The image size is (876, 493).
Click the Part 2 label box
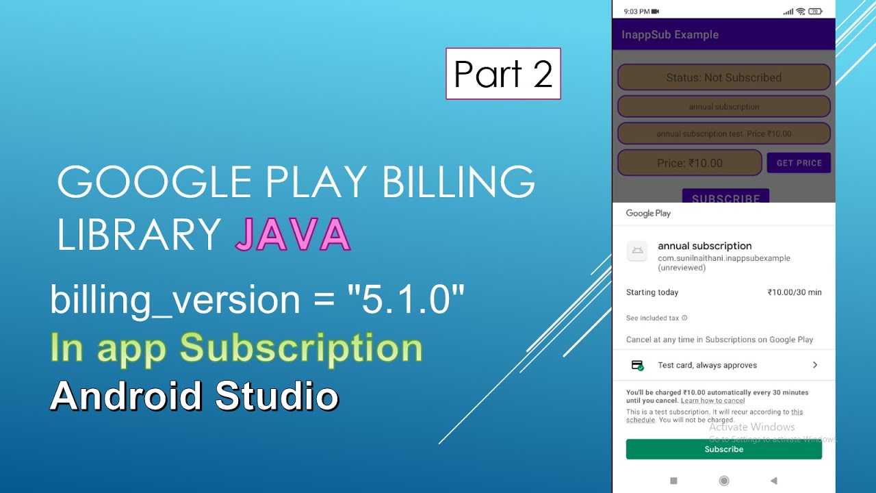tap(503, 74)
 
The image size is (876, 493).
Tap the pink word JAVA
tap(292, 234)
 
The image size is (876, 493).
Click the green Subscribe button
tap(723, 449)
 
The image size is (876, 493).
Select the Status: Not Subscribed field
tap(723, 77)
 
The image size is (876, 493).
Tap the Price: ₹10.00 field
tap(689, 163)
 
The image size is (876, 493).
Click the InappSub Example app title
tap(669, 34)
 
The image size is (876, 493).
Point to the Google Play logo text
tap(648, 213)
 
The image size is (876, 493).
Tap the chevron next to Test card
tap(815, 365)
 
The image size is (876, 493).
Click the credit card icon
tap(637, 365)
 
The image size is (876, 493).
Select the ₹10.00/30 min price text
tap(795, 292)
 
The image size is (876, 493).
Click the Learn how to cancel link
tap(712, 401)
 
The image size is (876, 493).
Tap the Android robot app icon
tap(637, 251)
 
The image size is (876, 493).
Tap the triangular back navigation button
tap(774, 481)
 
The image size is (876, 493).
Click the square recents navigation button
tap(673, 481)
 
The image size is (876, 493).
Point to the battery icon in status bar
tap(815, 12)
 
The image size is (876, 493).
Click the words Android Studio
tap(194, 396)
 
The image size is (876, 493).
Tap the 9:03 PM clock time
tap(636, 12)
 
